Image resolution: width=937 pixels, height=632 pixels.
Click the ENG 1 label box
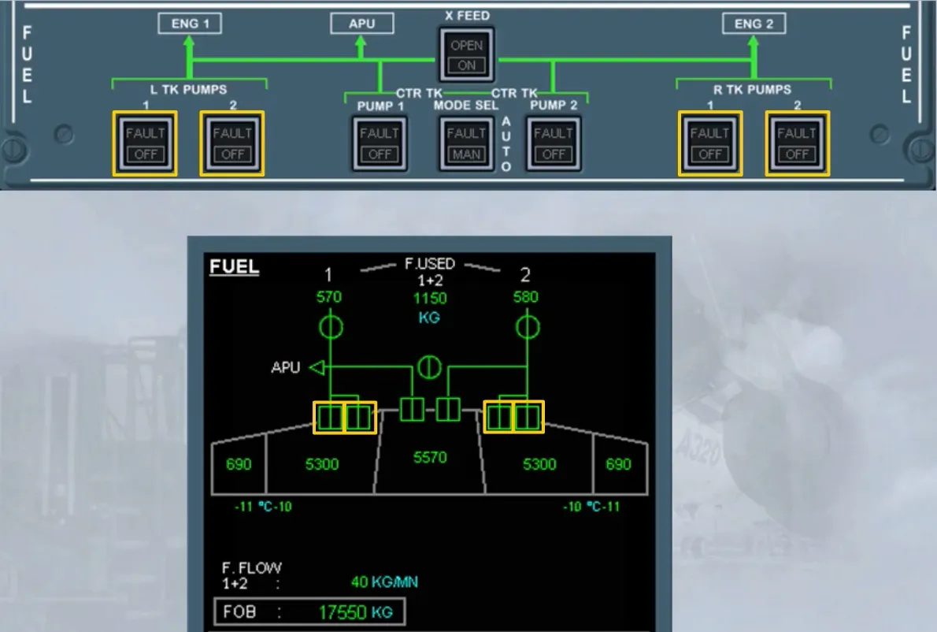click(190, 24)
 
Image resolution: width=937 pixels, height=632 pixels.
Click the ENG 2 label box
click(754, 24)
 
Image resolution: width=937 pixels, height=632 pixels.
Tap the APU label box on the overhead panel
click(362, 24)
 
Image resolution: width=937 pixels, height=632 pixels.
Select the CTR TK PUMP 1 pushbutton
click(380, 143)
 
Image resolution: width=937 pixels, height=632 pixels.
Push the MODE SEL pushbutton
click(467, 143)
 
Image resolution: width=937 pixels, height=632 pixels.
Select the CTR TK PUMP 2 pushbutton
click(554, 143)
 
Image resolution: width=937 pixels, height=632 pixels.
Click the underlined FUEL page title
click(235, 266)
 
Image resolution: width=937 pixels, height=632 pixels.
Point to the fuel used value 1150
click(430, 299)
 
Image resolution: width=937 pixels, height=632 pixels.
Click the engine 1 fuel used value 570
click(328, 296)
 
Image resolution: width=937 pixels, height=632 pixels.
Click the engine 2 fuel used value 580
click(526, 296)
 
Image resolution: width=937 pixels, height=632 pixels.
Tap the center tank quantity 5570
click(430, 457)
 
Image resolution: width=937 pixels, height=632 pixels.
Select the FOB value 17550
click(343, 612)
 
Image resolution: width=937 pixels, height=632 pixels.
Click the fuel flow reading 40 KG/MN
click(384, 582)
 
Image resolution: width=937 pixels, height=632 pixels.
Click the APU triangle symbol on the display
click(317, 367)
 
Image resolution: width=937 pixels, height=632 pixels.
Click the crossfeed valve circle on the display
click(429, 367)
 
